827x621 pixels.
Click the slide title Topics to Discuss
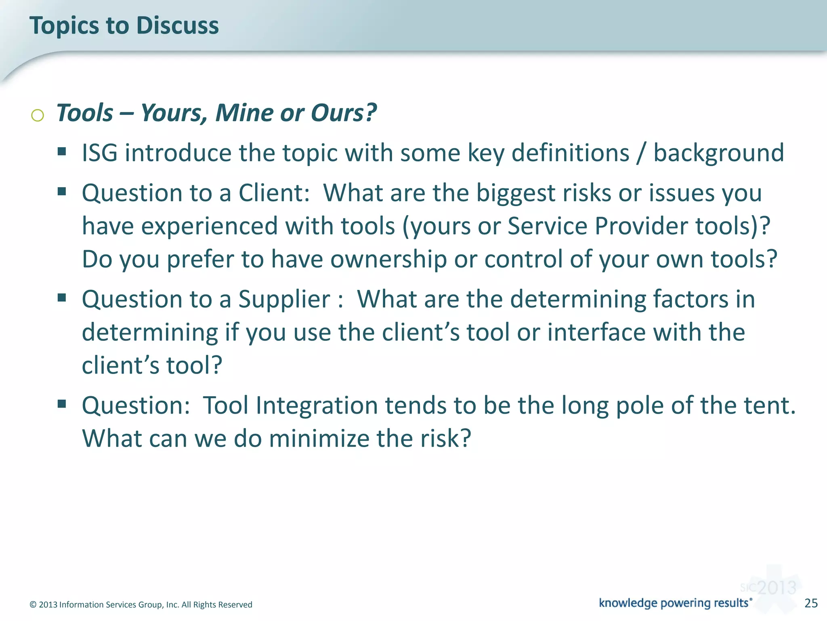(x=124, y=25)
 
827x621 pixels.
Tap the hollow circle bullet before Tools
(x=38, y=115)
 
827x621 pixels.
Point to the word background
(x=718, y=153)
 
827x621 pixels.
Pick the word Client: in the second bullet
(x=274, y=193)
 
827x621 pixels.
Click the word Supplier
(x=284, y=300)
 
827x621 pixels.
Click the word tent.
(x=770, y=406)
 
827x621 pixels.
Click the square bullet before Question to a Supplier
(x=62, y=298)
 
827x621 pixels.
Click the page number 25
(x=811, y=603)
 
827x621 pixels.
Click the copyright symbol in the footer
(x=33, y=605)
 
